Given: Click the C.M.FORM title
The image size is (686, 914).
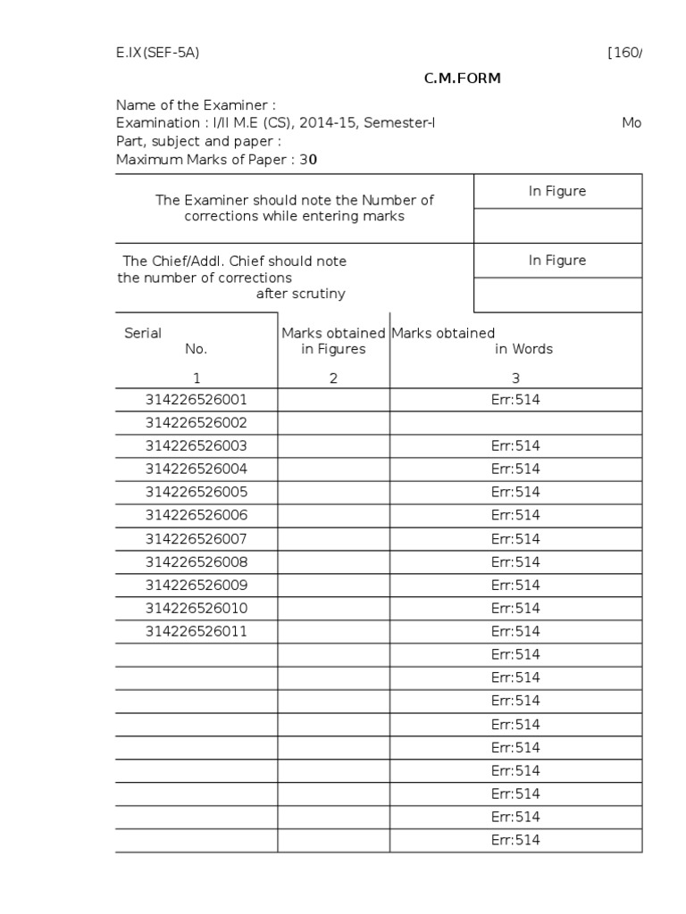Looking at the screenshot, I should [462, 79].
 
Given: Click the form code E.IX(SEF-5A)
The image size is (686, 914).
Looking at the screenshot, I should [157, 52].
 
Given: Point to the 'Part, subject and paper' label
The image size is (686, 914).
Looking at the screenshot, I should [198, 141].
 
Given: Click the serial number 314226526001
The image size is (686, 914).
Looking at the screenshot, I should [197, 400].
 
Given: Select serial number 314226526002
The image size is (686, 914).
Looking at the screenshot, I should [197, 423].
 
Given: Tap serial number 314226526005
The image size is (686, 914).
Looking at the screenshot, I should [197, 493].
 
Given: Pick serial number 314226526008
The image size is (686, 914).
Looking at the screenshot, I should [197, 562].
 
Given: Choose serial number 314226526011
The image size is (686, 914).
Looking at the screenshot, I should [197, 632].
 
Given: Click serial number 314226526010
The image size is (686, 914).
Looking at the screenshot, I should [197, 609].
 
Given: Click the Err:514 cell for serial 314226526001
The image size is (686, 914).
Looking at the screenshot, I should [515, 400].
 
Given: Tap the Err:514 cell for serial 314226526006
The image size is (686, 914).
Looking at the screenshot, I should [515, 516].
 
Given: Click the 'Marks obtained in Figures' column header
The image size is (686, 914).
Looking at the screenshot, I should [333, 341].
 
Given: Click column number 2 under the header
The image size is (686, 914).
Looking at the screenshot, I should [333, 378].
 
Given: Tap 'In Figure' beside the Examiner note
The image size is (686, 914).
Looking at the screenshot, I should [557, 192].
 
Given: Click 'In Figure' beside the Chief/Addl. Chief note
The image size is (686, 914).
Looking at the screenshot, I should [557, 261].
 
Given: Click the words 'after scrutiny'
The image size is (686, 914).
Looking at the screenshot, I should [300, 295].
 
